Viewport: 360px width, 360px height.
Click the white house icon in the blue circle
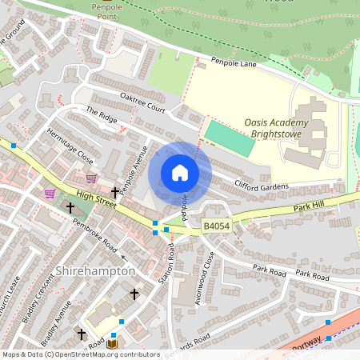180,173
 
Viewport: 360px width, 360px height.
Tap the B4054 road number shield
217,228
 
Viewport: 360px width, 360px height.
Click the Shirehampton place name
95,271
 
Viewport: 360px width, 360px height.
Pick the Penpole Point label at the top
108,10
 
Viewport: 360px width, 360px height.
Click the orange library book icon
112,344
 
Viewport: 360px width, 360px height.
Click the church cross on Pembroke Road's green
70,207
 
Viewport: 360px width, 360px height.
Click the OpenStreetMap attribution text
81,354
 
